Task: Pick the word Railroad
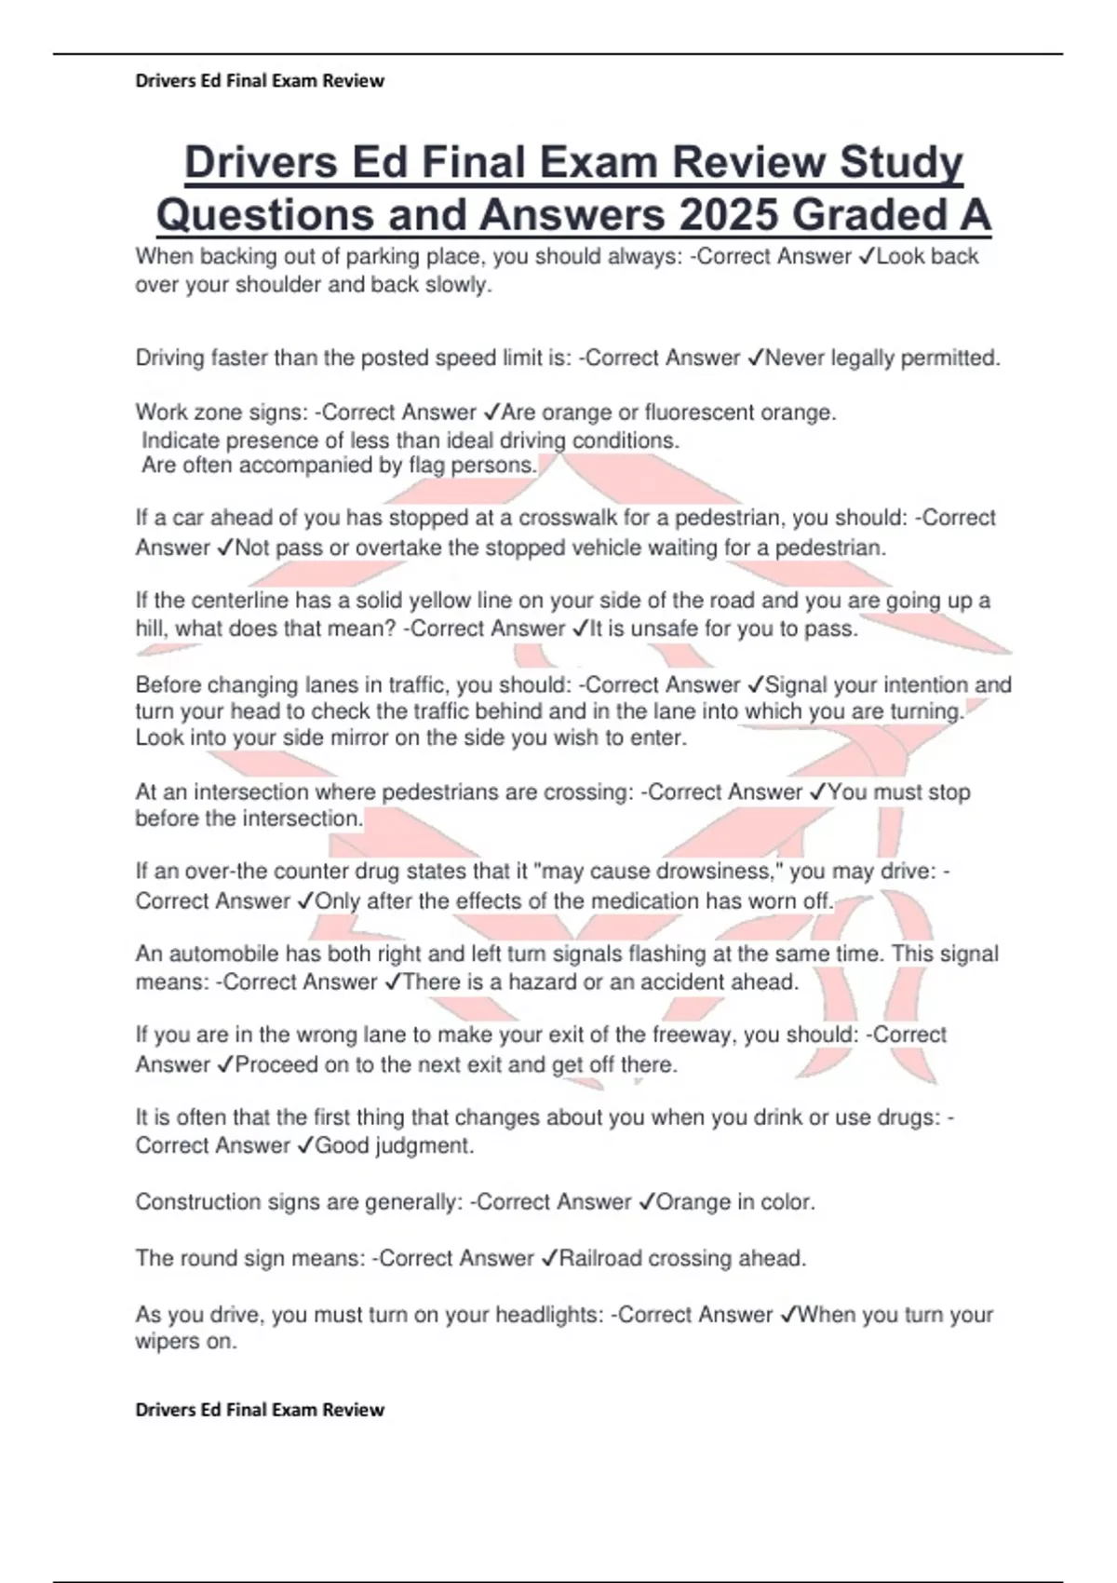(x=599, y=1258)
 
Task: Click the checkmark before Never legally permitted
(x=756, y=358)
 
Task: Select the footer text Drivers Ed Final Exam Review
(x=260, y=1410)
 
